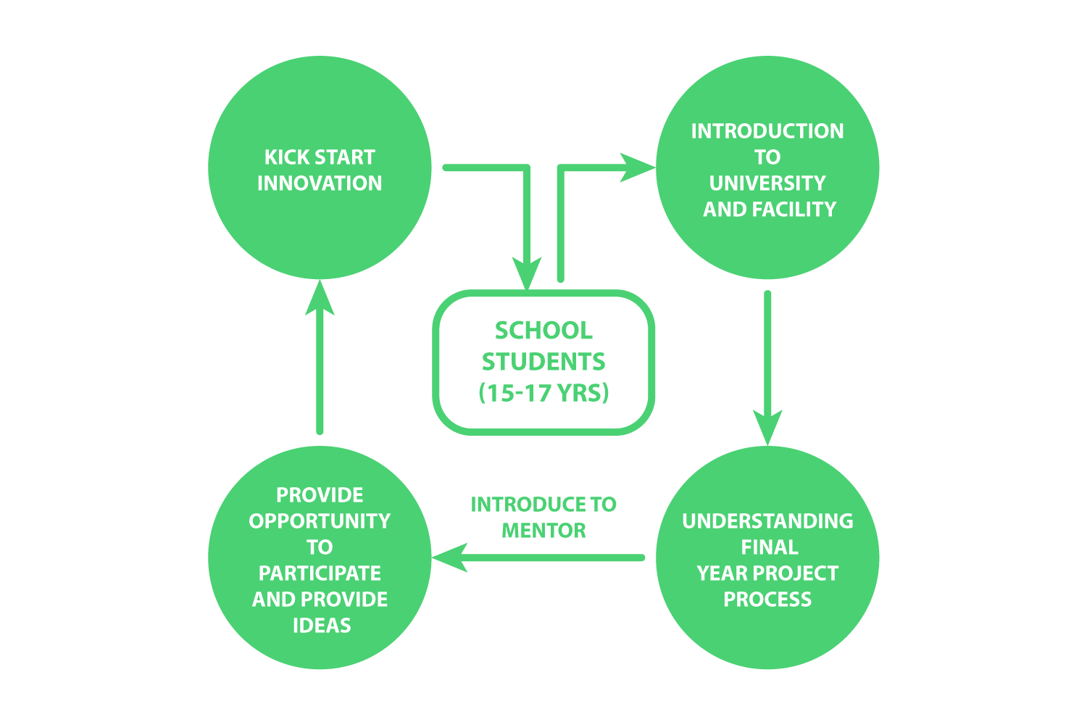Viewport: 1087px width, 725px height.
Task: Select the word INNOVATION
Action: (320, 183)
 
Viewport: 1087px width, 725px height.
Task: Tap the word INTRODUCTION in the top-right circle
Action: (767, 131)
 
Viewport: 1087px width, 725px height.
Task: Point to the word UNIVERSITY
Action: (767, 183)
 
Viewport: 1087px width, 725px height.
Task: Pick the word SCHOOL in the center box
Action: (543, 331)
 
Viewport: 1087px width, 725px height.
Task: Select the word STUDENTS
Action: (543, 362)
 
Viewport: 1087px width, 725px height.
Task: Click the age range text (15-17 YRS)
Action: (543, 393)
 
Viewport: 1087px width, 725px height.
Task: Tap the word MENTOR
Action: (543, 531)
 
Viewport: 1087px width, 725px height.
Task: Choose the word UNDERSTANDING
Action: (767, 521)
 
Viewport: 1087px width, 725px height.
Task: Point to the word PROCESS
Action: (767, 600)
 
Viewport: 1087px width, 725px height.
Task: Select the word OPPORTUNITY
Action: (320, 521)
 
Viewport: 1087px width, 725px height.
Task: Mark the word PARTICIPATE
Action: (320, 573)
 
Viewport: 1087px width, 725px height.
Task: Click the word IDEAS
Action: (322, 626)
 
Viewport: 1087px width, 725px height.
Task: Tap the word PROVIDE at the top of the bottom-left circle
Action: (320, 495)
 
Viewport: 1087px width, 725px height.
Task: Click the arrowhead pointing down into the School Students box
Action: (527, 273)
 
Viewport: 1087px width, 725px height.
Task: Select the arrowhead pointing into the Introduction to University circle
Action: (638, 167)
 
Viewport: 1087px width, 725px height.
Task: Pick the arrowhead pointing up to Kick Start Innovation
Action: (320, 297)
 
